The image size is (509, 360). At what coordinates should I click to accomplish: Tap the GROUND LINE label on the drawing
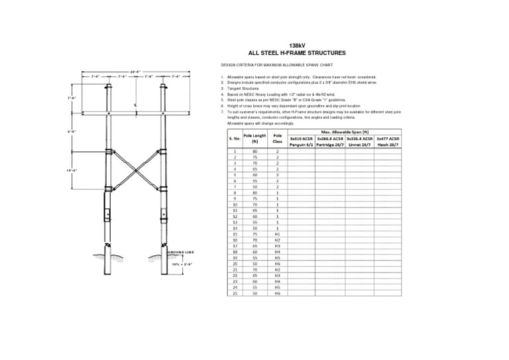point(180,253)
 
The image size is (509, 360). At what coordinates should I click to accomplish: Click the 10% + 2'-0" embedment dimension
point(180,264)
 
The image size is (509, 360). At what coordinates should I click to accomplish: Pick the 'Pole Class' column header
point(278,139)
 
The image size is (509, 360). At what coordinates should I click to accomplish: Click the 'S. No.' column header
point(234,139)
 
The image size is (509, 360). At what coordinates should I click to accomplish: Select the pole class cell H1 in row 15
point(278,234)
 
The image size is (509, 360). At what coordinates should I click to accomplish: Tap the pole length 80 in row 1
point(254,151)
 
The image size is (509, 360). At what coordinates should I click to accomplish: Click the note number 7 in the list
point(222,113)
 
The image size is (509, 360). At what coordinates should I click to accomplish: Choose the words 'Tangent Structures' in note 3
point(242,89)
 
